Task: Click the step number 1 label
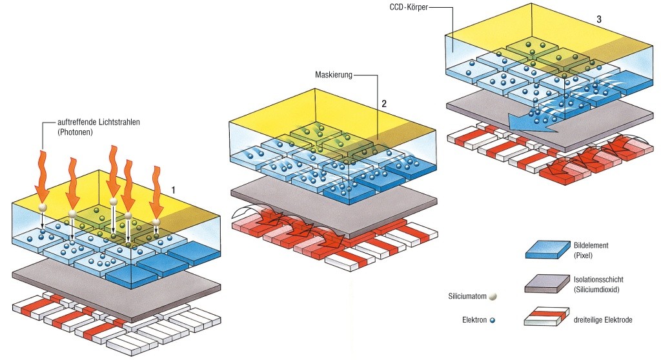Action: (x=174, y=190)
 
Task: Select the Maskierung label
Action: (x=334, y=75)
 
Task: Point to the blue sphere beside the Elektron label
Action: (x=492, y=319)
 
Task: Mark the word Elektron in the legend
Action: (x=474, y=319)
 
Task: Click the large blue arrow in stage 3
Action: (x=526, y=121)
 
